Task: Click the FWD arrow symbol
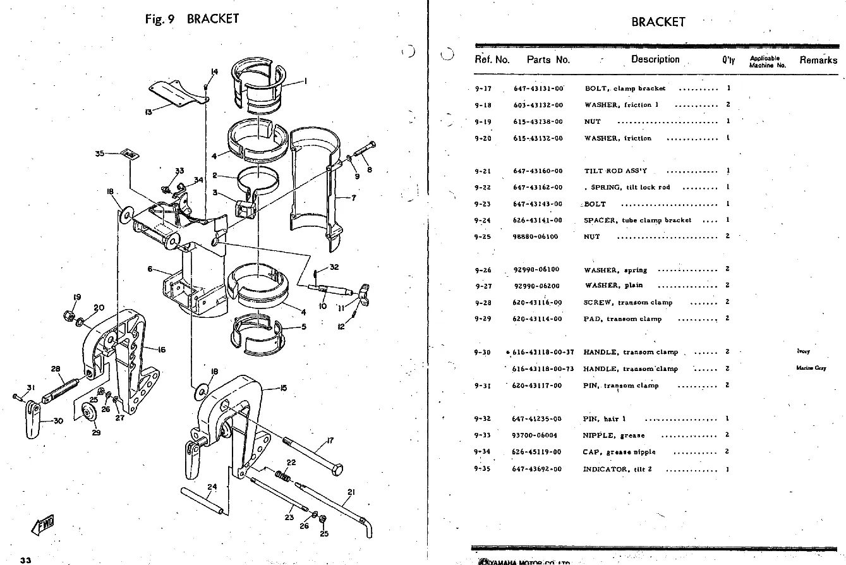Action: pos(42,525)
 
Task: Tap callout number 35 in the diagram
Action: pos(99,153)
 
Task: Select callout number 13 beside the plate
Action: pos(148,112)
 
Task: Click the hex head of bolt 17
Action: pos(337,471)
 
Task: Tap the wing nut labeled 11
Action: pos(365,293)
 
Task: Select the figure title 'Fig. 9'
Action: pos(159,19)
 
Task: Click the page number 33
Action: pos(25,560)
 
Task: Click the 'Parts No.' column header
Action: pos(548,60)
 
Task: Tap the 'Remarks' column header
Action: pos(818,60)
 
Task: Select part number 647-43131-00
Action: pos(538,89)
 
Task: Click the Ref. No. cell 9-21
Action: pos(483,171)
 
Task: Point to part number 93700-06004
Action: pos(535,435)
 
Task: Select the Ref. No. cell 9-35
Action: pos(483,469)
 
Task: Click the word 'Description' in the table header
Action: pos(655,59)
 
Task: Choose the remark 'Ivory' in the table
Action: pos(803,351)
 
